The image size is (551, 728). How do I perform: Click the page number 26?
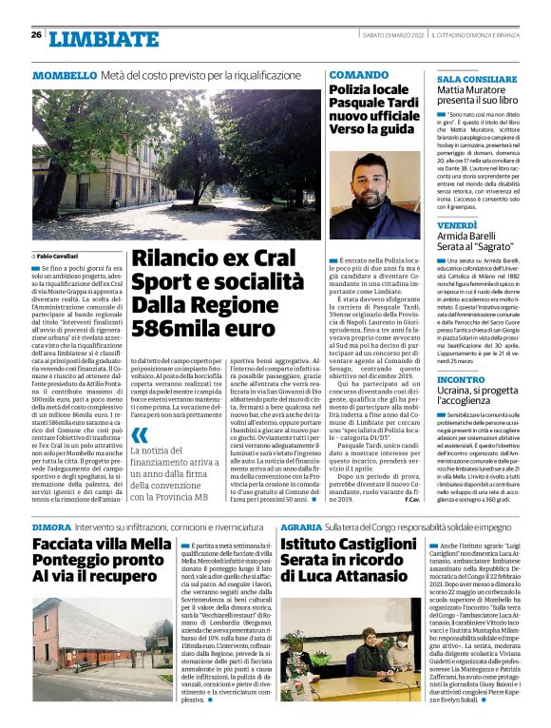tap(36, 35)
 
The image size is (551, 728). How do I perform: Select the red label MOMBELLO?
tap(65, 75)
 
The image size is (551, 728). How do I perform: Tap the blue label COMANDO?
tap(358, 74)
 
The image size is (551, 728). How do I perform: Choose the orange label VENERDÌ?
tap(457, 224)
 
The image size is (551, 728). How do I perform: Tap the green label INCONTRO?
tap(460, 379)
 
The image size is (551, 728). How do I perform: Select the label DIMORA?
tap(51, 526)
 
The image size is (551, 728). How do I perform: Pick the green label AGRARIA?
tap(300, 526)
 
